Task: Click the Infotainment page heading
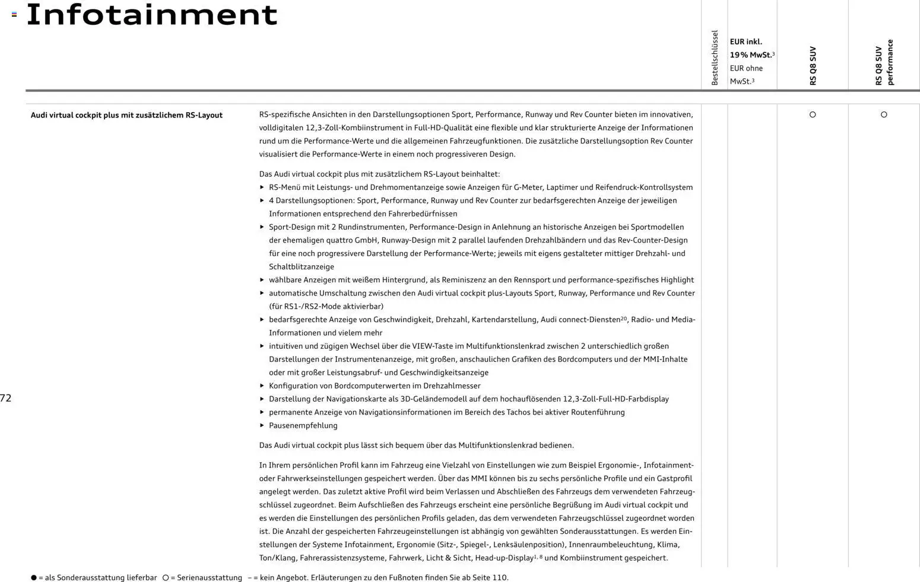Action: tap(152, 15)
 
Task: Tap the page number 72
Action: tap(6, 398)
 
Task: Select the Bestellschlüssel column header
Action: tap(715, 58)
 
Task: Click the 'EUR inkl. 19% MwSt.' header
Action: tap(751, 48)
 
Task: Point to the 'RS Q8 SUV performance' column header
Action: tap(884, 63)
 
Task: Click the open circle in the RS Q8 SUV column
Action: tap(813, 115)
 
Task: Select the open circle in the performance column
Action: tap(884, 115)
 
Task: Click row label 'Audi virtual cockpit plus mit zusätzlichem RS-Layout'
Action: tap(126, 115)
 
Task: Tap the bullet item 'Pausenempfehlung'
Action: tap(303, 425)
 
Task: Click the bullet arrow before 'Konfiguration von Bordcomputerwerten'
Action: tap(262, 386)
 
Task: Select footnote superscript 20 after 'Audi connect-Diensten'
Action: tap(624, 319)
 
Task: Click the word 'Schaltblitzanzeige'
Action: tap(301, 267)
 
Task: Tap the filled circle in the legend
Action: tap(34, 578)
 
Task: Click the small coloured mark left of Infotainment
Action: tap(14, 14)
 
